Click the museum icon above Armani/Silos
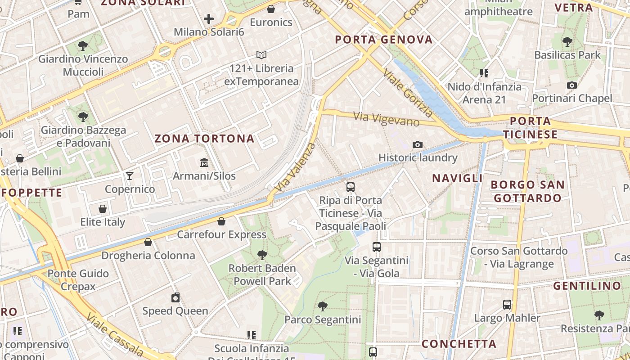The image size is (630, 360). pos(204,162)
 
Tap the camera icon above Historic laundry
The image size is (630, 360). pos(418,144)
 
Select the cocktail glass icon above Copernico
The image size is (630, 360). pos(130,175)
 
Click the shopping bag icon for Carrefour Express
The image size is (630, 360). pos(221,221)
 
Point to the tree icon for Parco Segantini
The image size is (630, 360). pos(322,306)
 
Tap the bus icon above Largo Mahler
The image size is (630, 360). pos(507,305)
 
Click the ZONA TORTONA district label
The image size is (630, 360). pos(205,139)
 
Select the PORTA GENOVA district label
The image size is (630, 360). pos(384,40)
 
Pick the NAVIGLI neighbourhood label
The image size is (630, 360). pos(457,178)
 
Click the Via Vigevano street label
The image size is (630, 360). pos(387,119)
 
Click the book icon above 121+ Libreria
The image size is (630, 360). pos(261,55)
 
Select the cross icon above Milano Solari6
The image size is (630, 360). pos(209,19)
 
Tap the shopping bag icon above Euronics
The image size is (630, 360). pos(271,9)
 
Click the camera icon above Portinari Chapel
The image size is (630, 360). pos(572,85)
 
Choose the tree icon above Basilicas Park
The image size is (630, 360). pos(567,42)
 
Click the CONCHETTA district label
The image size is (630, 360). pos(459,344)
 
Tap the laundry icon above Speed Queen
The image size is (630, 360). pos(175,297)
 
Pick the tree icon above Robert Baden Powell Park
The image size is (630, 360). pos(262,255)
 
